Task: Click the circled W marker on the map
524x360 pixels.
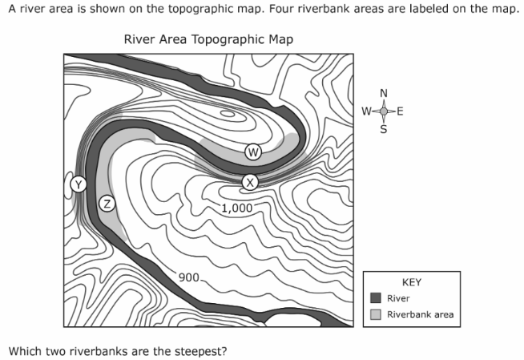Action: (253, 152)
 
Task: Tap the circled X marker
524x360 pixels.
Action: (250, 183)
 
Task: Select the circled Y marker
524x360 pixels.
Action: (79, 184)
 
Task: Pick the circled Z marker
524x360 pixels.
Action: (107, 204)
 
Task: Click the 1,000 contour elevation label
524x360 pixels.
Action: (237, 208)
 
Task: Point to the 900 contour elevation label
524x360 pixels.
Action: (189, 277)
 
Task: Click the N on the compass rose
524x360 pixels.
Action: (384, 93)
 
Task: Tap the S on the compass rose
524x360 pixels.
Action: (384, 129)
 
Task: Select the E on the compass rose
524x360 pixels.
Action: (400, 111)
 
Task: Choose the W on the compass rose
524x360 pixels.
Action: (367, 111)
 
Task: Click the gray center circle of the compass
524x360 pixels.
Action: (384, 111)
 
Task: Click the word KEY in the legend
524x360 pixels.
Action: (412, 282)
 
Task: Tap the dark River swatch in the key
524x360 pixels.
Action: (376, 297)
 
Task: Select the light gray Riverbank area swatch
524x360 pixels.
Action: (376, 314)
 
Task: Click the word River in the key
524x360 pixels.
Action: (398, 298)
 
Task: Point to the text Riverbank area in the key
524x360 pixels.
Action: (421, 314)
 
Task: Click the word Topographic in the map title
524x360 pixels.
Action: (228, 39)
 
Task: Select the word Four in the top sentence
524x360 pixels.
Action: (281, 9)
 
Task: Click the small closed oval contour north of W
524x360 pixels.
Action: (228, 114)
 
